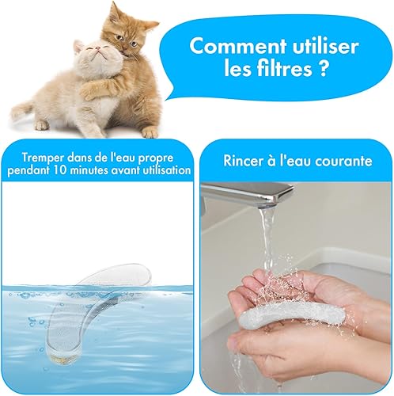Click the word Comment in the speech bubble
click(230, 47)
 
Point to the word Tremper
click(46, 156)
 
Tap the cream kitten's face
click(93, 57)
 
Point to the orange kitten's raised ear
click(114, 10)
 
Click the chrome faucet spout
click(253, 191)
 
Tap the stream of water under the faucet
click(267, 238)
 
